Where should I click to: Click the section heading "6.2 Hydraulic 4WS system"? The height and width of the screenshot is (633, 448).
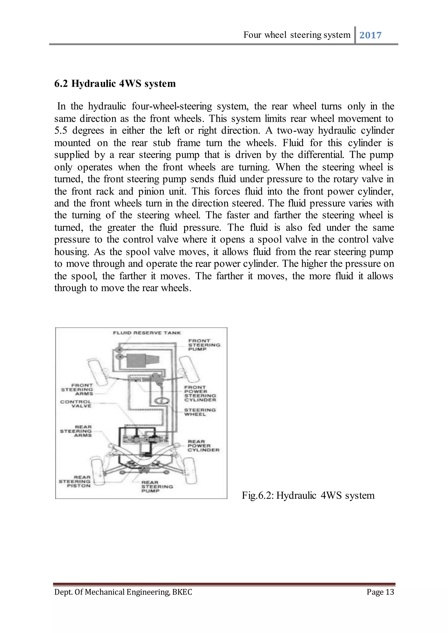[x=115, y=83]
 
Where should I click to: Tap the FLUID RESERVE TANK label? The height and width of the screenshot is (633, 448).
[x=147, y=333]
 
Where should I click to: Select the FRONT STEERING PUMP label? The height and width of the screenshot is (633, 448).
[x=204, y=345]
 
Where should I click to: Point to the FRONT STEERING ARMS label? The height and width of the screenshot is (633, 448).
[x=77, y=389]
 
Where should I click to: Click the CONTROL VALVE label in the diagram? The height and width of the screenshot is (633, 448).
[x=76, y=404]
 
